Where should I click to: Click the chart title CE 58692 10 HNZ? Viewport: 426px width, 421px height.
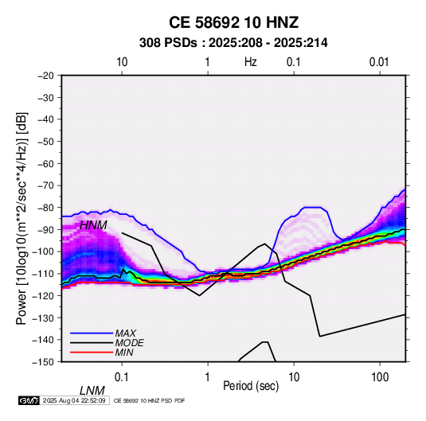pyautogui.click(x=233, y=22)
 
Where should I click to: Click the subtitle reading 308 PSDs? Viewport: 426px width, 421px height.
pyautogui.click(x=168, y=43)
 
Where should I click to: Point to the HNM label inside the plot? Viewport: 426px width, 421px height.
pyautogui.click(x=93, y=225)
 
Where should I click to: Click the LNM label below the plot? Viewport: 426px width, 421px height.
pyautogui.click(x=92, y=391)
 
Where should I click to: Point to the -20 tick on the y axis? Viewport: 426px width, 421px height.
pyautogui.click(x=45, y=76)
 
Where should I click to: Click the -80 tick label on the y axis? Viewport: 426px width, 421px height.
pyautogui.click(x=45, y=208)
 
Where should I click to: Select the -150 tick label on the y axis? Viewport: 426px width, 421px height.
pyautogui.click(x=43, y=362)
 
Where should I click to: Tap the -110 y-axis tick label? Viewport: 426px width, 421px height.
pyautogui.click(x=43, y=274)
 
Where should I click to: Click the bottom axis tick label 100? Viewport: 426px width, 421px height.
pyautogui.click(x=380, y=377)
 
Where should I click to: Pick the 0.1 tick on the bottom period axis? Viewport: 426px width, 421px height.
pyautogui.click(x=122, y=377)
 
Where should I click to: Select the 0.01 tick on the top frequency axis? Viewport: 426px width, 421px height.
pyautogui.click(x=379, y=62)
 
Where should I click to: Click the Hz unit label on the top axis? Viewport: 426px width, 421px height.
pyautogui.click(x=251, y=62)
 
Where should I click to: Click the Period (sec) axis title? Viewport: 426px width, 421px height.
pyautogui.click(x=251, y=386)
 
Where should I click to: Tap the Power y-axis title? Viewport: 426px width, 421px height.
pyautogui.click(x=21, y=219)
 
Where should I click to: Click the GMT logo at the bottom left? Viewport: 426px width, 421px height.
pyautogui.click(x=29, y=400)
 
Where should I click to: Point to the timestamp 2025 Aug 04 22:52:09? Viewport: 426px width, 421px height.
pyautogui.click(x=74, y=400)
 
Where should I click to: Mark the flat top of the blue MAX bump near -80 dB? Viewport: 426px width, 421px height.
pyautogui.click(x=312, y=208)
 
